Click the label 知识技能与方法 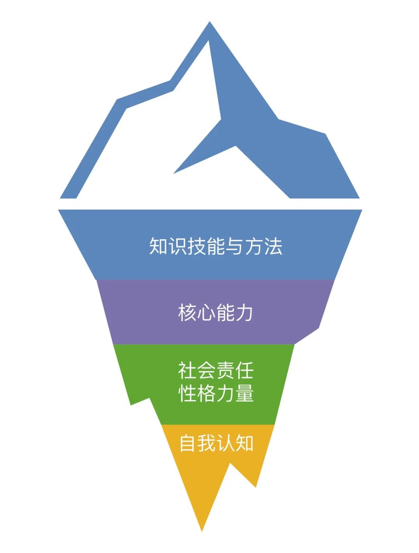[x=216, y=246]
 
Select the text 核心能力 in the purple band [x=216, y=312]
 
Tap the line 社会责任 [x=216, y=370]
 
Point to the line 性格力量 [x=216, y=394]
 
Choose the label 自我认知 [x=216, y=443]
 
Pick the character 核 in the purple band [x=187, y=312]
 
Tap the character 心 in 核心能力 [x=206, y=312]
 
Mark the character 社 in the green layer [x=187, y=370]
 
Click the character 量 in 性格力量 [x=244, y=394]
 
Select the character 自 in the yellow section [x=188, y=443]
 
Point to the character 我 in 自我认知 [x=207, y=443]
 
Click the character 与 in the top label [x=235, y=246]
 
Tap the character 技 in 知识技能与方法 [x=197, y=246]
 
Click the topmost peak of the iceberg [x=210, y=23]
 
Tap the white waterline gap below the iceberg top [x=209, y=204]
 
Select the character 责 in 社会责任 [x=225, y=370]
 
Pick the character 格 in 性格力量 [x=206, y=394]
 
